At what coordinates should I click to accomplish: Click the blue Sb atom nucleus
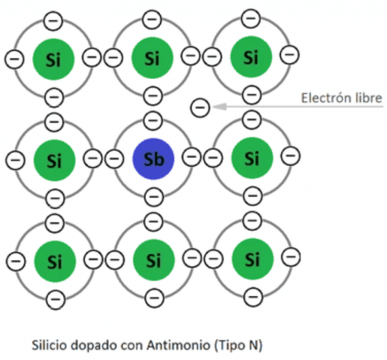[x=153, y=159]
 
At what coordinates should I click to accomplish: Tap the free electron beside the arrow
[x=200, y=107]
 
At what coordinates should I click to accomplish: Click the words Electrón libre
[x=341, y=98]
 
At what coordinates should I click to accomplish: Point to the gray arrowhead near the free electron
[x=219, y=107]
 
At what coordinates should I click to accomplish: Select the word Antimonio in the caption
[x=178, y=345]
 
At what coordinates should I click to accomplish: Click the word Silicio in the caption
[x=50, y=345]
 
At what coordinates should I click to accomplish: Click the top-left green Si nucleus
[x=53, y=59]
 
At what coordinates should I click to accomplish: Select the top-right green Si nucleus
[x=251, y=57]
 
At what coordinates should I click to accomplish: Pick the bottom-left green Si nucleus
[x=55, y=262]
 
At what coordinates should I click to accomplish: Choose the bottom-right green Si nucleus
[x=252, y=259]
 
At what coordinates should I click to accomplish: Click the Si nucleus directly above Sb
[x=153, y=58]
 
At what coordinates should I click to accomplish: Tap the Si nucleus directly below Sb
[x=153, y=260]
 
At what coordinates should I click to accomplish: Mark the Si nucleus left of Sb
[x=54, y=160]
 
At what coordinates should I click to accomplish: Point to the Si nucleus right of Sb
[x=252, y=158]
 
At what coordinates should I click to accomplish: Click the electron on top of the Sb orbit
[x=153, y=120]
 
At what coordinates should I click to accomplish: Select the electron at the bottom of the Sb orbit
[x=154, y=197]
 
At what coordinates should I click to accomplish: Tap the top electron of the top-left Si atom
[x=53, y=21]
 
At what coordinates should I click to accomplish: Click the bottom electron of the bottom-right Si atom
[x=253, y=297]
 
